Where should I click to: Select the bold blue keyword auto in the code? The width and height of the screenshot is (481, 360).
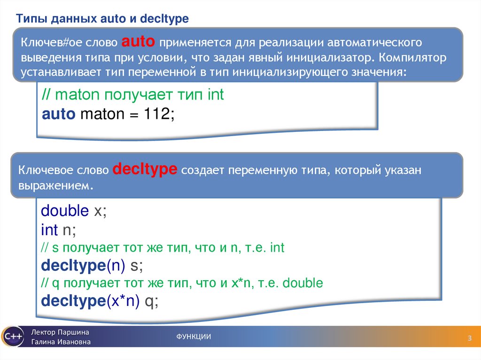click(58, 114)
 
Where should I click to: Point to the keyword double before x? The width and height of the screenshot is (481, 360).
click(65, 211)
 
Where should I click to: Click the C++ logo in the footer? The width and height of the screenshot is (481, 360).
click(12, 337)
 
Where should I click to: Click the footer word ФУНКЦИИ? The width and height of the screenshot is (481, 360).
click(194, 337)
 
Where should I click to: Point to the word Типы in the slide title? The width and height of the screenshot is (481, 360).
click(30, 19)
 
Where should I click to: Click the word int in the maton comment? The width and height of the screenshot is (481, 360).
click(216, 95)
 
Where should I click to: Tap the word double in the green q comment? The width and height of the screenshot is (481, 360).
click(304, 283)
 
